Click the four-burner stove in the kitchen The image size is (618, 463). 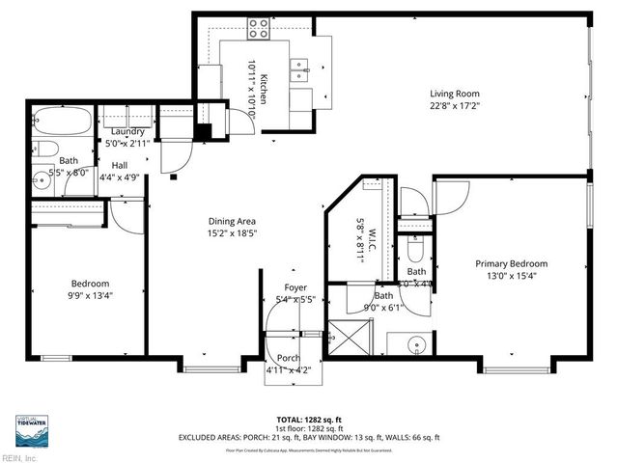[259, 30]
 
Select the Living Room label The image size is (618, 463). [455, 95]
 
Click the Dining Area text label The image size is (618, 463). [233, 221]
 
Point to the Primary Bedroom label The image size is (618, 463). [511, 263]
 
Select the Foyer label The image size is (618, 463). [295, 287]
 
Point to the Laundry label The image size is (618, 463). [128, 132]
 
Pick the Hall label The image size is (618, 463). [121, 165]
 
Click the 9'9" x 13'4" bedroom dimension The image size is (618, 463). [84, 295]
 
